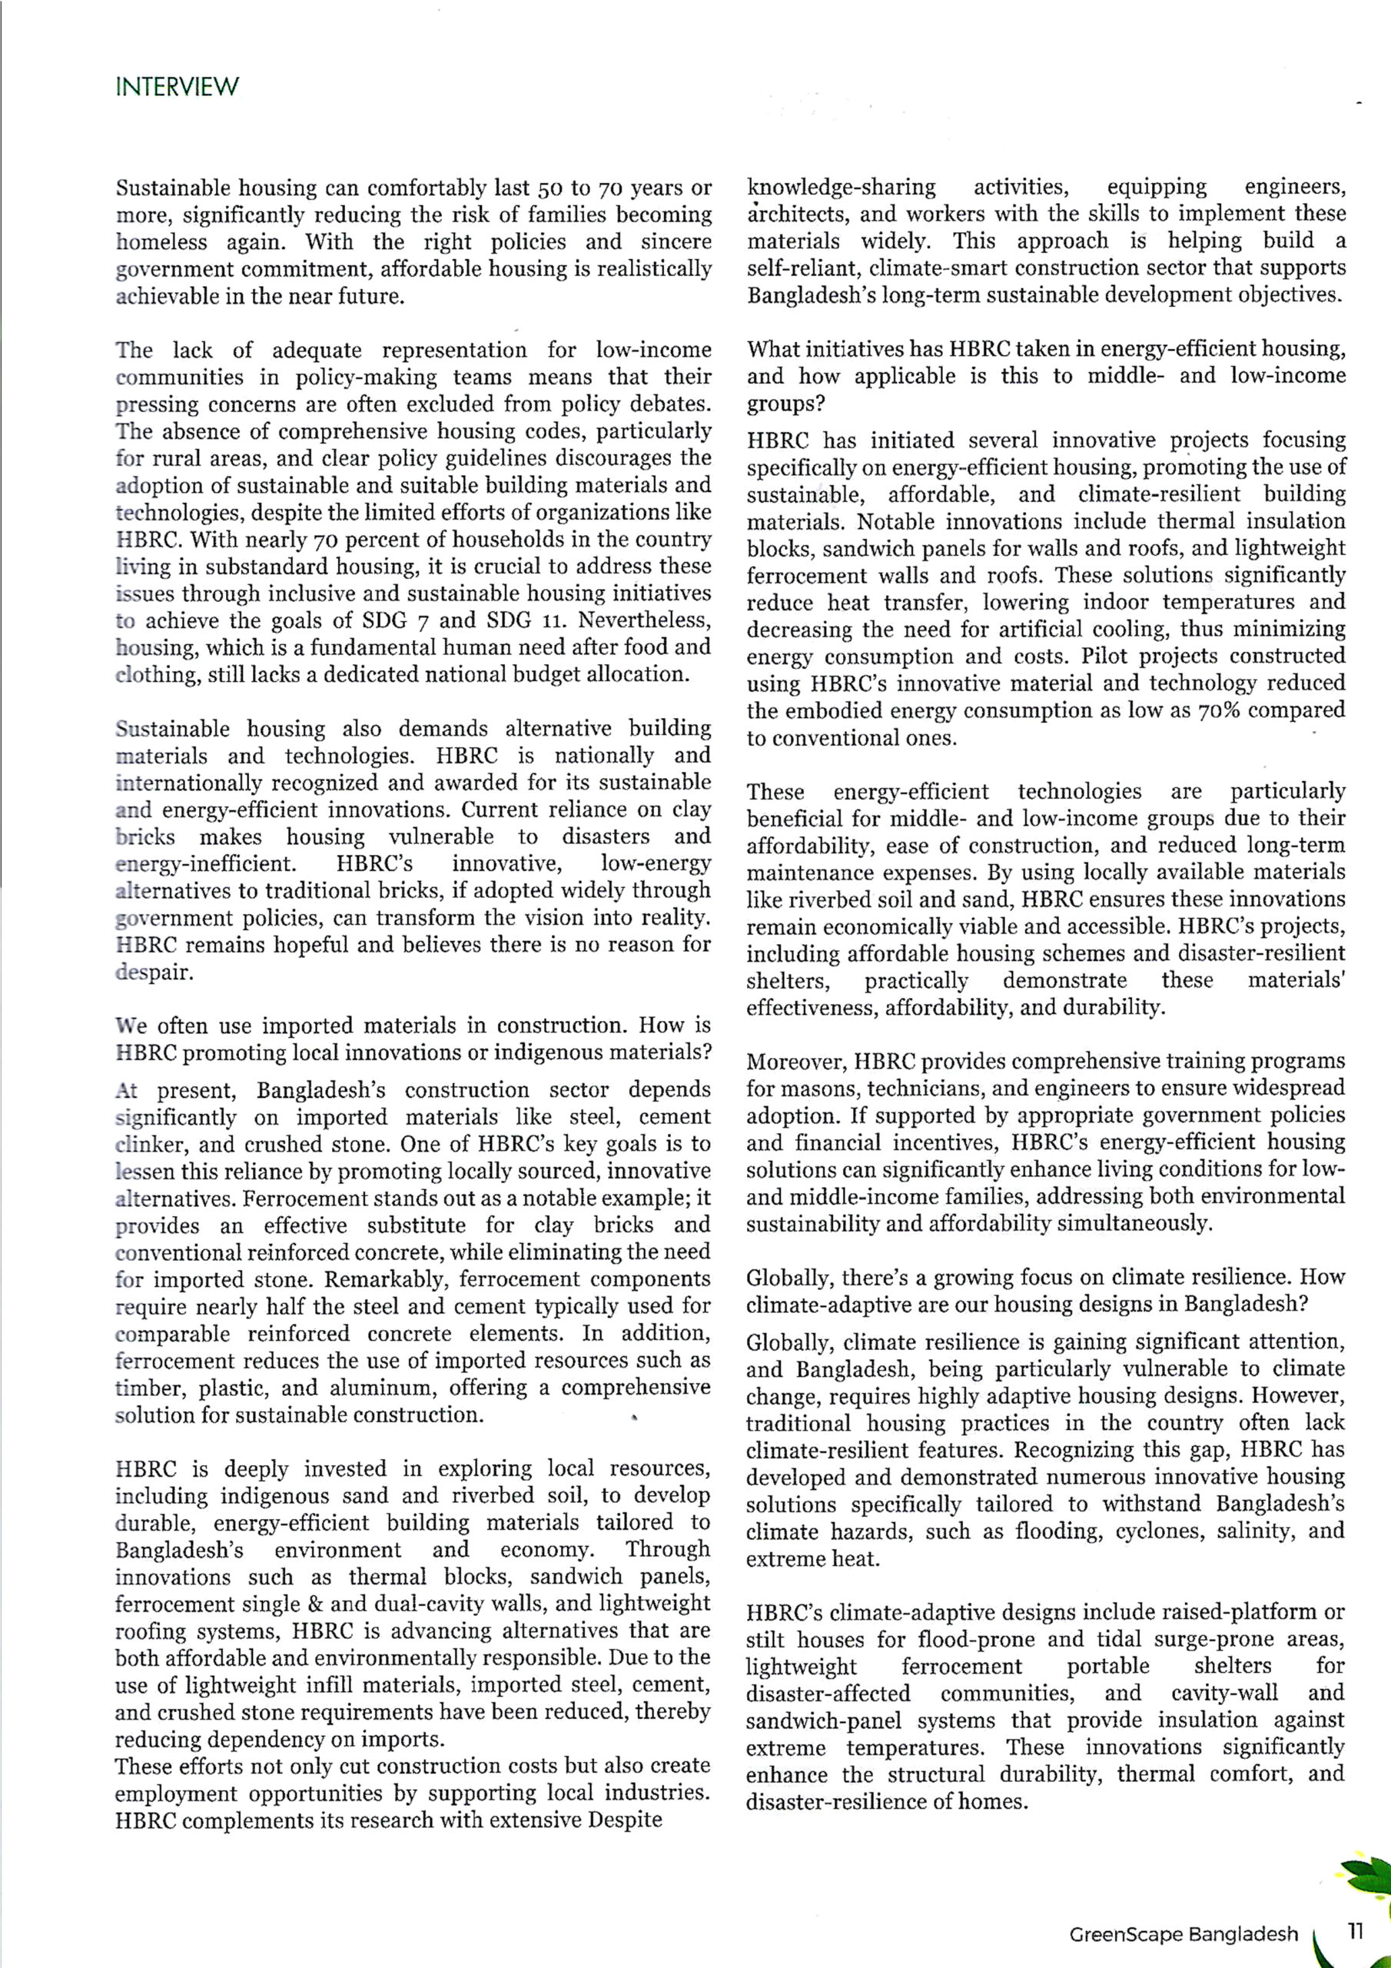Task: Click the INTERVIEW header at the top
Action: coord(177,87)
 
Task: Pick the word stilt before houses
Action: coord(765,1639)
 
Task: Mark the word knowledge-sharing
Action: coord(841,187)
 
